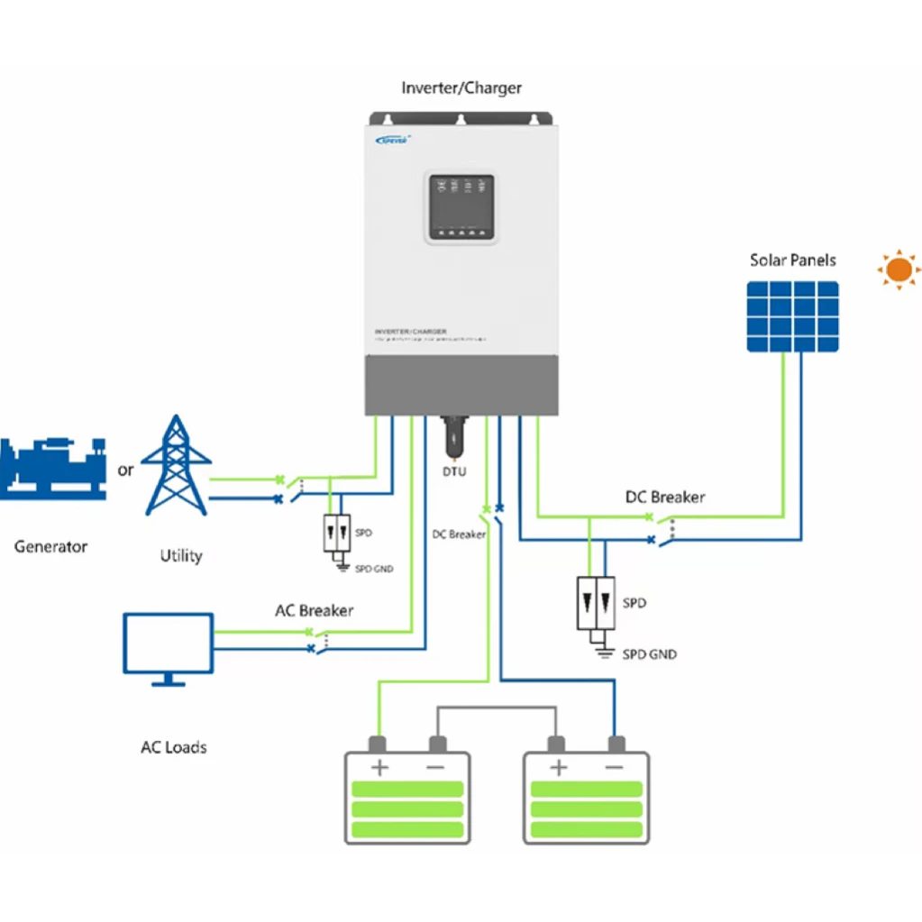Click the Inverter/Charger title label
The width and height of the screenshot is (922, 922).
(461, 88)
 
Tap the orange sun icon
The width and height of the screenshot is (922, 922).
(898, 269)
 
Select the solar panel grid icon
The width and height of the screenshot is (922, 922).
(792, 316)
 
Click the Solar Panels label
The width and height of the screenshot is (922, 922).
(792, 260)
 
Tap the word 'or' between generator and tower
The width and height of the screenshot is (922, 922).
(125, 470)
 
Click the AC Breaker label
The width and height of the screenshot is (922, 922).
(314, 610)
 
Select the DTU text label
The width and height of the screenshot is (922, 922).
(455, 471)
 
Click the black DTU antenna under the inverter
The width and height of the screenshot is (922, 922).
(455, 437)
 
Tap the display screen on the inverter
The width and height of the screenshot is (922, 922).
(461, 206)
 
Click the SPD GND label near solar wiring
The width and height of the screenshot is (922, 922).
(649, 653)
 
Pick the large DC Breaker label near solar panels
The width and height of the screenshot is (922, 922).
(665, 497)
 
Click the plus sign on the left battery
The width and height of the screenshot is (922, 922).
(379, 768)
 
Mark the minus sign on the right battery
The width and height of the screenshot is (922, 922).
(615, 768)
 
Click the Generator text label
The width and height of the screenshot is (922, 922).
(50, 546)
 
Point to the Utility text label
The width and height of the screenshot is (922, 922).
(180, 556)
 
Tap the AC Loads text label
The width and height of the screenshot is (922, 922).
(173, 747)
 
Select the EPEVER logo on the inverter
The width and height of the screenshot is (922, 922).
(394, 139)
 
